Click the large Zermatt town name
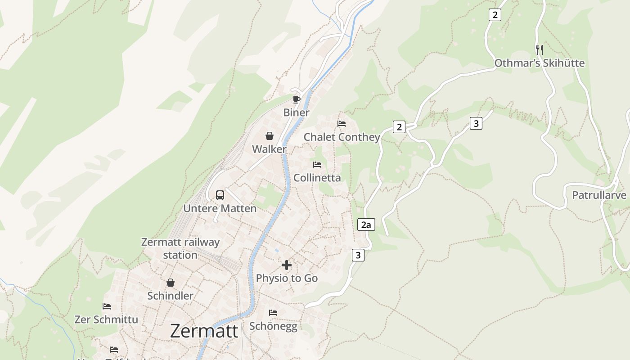pos(204,331)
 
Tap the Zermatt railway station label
pos(180,248)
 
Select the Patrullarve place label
pos(599,195)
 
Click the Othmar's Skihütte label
pos(540,63)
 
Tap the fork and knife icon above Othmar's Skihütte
pos(540,49)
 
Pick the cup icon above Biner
pos(296,99)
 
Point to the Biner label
pos(296,112)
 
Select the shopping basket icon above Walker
pos(269,136)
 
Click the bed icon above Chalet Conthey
pos(342,124)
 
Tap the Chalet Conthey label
pos(342,137)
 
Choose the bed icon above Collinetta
pos(317,165)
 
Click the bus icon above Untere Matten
pos(220,195)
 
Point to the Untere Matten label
pos(220,208)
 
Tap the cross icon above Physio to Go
pos(287,265)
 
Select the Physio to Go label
pos(287,278)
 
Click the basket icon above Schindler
pos(170,283)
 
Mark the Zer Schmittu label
pos(106,319)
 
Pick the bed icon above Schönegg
pos(273,313)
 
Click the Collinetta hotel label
pos(317,178)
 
